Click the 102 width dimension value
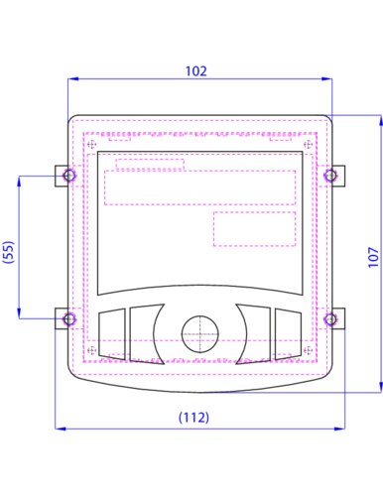(x=196, y=71)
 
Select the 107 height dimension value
(x=373, y=257)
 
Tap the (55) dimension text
(x=9, y=252)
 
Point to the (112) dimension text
(x=193, y=418)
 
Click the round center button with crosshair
(x=200, y=334)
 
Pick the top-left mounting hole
(x=69, y=176)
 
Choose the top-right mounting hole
(x=330, y=176)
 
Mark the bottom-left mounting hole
(x=69, y=319)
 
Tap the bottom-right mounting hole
(x=330, y=319)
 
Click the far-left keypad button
(x=112, y=334)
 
